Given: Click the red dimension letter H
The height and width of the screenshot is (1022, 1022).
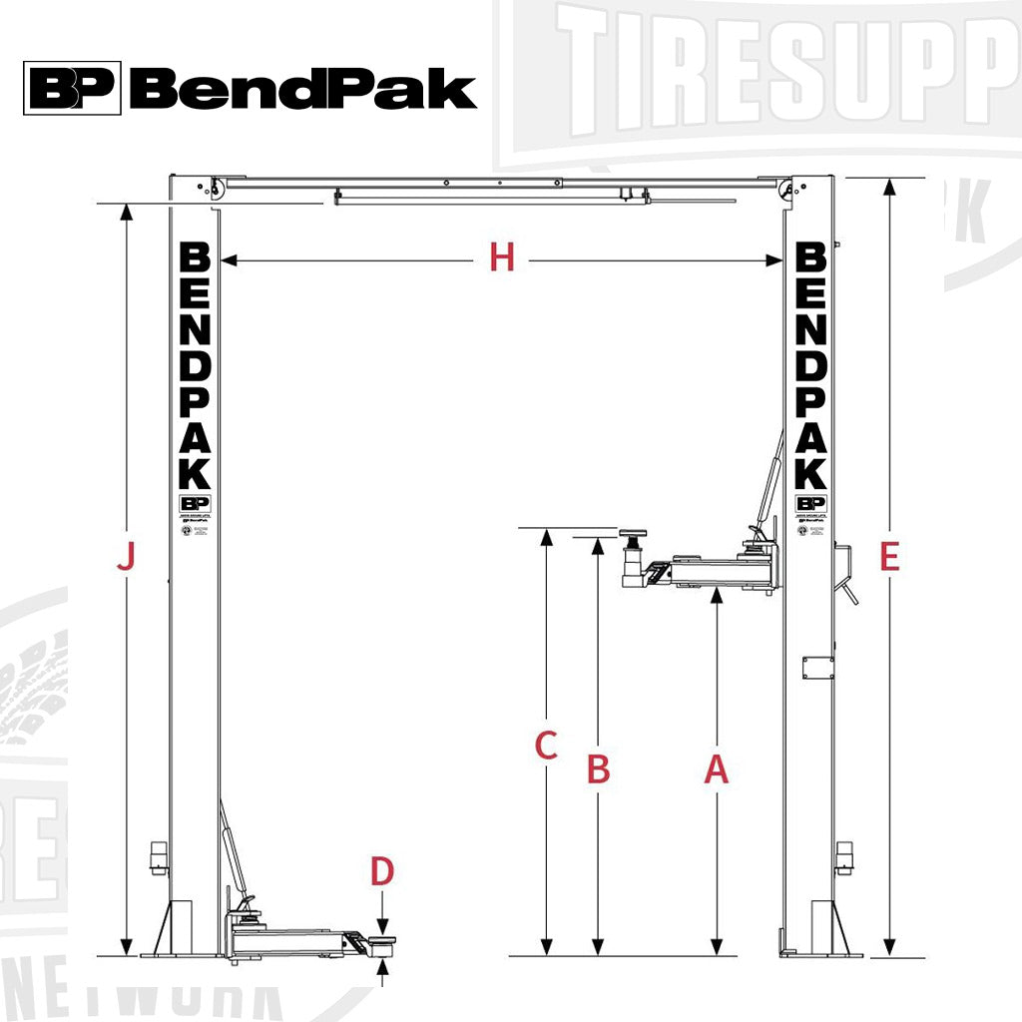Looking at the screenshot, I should (x=502, y=259).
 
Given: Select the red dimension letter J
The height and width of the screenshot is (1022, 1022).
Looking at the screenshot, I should (x=126, y=557).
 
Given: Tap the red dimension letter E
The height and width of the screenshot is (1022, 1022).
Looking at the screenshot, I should (x=890, y=557).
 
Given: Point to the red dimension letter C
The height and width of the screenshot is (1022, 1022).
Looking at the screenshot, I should (x=546, y=746).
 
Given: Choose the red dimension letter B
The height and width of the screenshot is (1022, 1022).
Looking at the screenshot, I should (x=597, y=769).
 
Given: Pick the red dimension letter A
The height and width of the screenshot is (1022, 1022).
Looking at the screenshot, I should (x=717, y=769).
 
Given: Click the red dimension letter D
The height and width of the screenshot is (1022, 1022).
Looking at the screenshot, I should (x=382, y=871).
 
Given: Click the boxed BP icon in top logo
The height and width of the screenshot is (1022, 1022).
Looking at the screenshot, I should (x=73, y=88).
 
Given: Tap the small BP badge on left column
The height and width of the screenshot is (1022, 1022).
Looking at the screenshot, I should (x=195, y=504).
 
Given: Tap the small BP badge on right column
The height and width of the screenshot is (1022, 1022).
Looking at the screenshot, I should (x=811, y=503).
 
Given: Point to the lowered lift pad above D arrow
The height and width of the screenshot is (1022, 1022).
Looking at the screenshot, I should (x=381, y=941).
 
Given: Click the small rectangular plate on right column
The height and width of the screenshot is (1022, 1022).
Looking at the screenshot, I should (x=818, y=667).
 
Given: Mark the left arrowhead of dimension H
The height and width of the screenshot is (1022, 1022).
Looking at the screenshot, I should (x=226, y=260).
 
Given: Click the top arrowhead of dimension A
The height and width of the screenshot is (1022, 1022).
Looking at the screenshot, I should (x=717, y=596).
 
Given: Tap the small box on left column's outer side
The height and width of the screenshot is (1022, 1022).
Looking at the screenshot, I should (x=157, y=856).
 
